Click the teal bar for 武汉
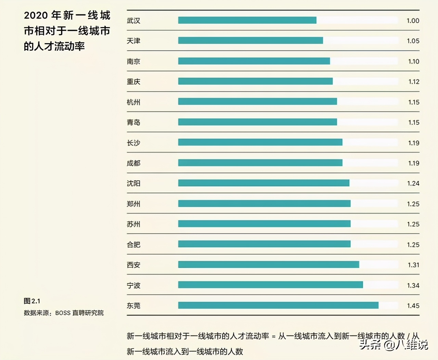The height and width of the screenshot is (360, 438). tap(247, 21)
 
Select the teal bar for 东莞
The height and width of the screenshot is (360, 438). tap(278, 305)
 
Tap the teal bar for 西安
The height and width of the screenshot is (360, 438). tap(269, 265)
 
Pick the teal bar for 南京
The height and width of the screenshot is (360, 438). tap(254, 61)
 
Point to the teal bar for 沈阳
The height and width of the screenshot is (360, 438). tap(263, 183)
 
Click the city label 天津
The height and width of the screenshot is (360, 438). tap(133, 41)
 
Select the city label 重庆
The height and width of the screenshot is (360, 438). tap(133, 82)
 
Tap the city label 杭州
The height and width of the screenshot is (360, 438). tap(133, 102)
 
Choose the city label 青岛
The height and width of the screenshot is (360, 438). tap(133, 123)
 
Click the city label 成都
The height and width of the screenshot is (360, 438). tap(133, 163)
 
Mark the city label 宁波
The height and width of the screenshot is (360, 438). tap(133, 285)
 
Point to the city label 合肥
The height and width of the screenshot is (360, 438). tap(133, 245)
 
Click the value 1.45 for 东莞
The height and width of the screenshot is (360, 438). tap(413, 306)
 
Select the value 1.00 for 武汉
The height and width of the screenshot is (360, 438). tap(413, 21)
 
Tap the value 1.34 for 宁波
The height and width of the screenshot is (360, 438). tap(413, 285)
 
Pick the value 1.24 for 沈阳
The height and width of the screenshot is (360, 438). tap(413, 183)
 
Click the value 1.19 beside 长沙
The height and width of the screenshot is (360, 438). tap(413, 143)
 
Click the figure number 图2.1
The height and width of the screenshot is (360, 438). tap(32, 301)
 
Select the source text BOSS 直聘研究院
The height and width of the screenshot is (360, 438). tap(79, 313)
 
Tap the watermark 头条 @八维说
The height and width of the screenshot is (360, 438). tap(394, 344)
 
